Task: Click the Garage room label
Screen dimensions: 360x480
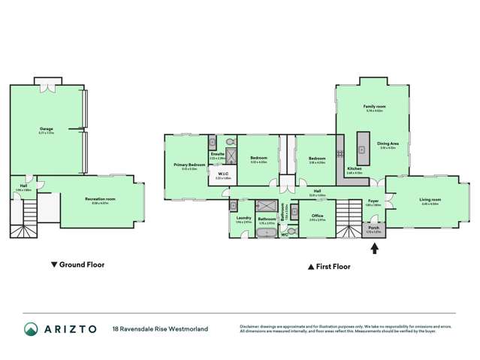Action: pos(46,129)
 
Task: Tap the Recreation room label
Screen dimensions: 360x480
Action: pos(99,199)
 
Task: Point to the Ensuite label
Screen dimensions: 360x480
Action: pos(216,154)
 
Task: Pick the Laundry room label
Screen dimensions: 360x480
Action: pos(243,218)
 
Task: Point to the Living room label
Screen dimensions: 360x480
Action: pos(430,199)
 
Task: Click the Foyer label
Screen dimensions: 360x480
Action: pos(373,201)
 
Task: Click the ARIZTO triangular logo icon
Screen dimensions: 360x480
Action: pos(31,329)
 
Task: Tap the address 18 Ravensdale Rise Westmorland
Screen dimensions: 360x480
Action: pos(160,328)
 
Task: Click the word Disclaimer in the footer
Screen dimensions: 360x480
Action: pos(250,325)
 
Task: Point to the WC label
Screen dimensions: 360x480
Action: pos(284,234)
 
